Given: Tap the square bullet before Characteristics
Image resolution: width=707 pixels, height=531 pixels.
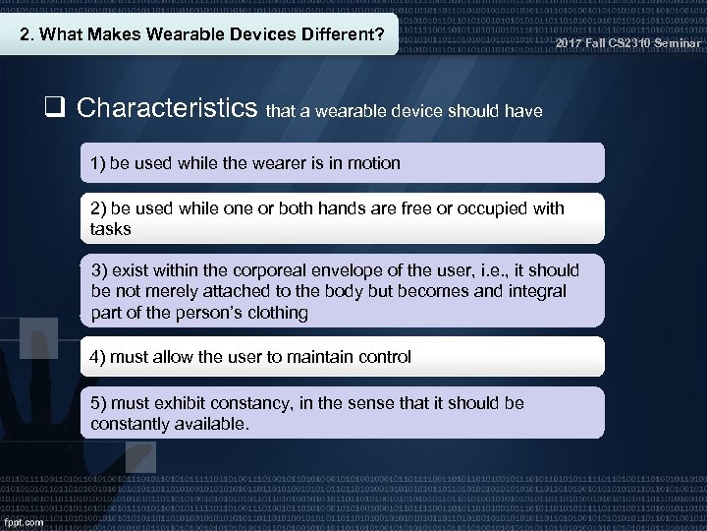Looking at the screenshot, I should pyautogui.click(x=56, y=108).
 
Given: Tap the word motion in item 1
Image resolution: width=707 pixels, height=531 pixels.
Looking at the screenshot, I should pyautogui.click(x=373, y=163).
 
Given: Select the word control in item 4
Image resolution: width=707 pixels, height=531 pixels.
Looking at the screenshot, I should pyautogui.click(x=381, y=357).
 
